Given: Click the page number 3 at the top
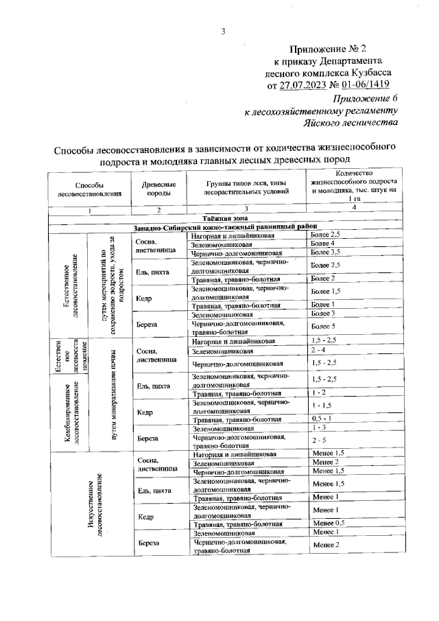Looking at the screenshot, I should tap(222, 30).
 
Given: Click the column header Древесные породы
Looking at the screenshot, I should tap(158, 189).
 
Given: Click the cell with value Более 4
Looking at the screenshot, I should tap(322, 244).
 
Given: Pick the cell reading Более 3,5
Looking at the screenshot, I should tap(324, 253).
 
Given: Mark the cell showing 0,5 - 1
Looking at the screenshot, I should tap(321, 419).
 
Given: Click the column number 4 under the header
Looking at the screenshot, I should tap(353, 207).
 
